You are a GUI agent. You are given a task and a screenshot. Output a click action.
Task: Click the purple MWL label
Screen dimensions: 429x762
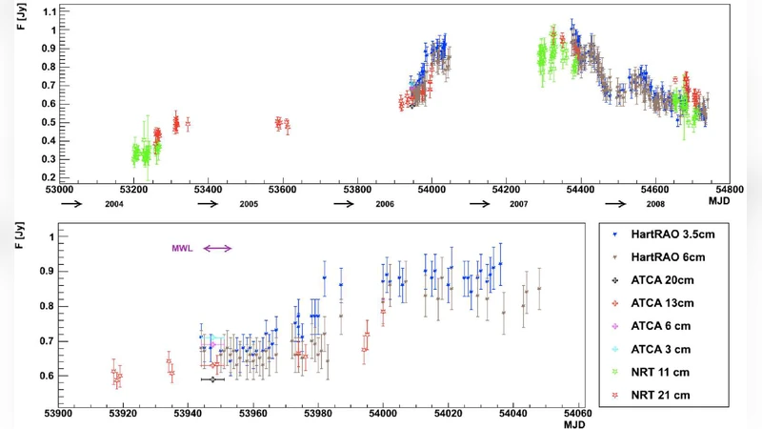tap(182, 249)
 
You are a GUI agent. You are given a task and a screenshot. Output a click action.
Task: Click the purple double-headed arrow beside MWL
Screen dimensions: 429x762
tap(217, 249)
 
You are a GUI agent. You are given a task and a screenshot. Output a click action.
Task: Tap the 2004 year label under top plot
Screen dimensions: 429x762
tap(114, 205)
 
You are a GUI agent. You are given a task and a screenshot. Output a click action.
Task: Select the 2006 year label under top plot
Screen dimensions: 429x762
tap(385, 205)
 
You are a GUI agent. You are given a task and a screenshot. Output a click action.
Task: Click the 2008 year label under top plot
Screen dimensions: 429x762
tap(655, 205)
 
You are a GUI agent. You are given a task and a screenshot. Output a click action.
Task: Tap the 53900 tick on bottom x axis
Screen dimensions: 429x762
tap(59, 415)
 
